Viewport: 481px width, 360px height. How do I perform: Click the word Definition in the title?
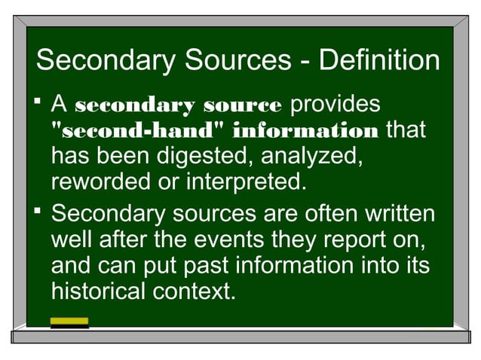point(379,60)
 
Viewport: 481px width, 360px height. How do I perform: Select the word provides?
point(335,105)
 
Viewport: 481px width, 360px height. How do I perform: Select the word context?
point(195,291)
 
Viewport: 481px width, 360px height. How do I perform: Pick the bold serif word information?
point(306,132)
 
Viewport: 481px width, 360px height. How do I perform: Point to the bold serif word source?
point(243,105)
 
